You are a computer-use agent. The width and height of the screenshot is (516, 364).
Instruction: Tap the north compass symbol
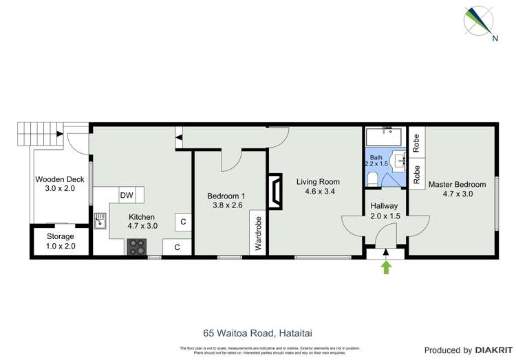(x=479, y=21)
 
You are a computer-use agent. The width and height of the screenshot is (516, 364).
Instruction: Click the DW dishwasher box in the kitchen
(x=127, y=196)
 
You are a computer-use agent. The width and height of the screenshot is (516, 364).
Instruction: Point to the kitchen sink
(x=100, y=220)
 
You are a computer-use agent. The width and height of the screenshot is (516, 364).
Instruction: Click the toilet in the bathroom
(x=372, y=179)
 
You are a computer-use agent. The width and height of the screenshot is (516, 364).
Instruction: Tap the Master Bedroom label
(x=457, y=184)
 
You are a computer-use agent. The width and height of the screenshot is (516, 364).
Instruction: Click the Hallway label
(x=384, y=206)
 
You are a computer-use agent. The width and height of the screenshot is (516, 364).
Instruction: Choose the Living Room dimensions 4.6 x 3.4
(x=320, y=192)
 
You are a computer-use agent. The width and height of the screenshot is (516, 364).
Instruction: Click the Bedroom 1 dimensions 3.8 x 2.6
(x=226, y=205)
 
